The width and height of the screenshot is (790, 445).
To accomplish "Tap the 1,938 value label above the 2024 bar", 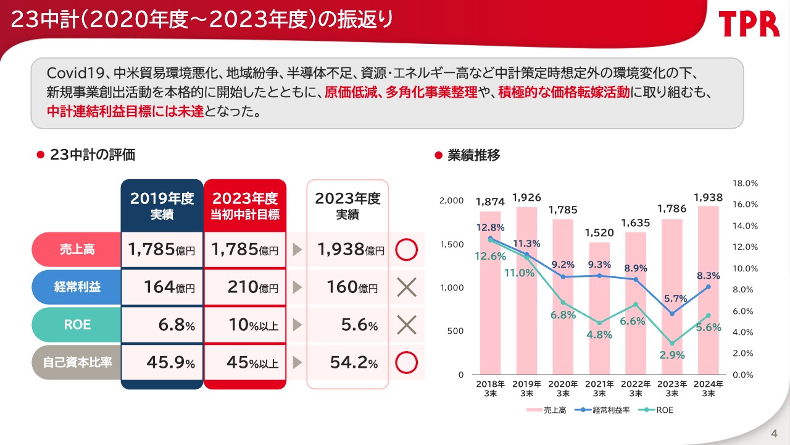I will point(709,197).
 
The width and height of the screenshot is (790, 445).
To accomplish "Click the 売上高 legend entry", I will point(547,410).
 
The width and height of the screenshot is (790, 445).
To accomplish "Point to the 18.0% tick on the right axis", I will point(744,184).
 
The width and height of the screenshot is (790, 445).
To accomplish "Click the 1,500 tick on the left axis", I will point(451,245).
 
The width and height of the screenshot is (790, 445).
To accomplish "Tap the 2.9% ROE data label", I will point(673,355).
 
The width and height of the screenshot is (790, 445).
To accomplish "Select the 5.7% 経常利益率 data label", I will point(676,299).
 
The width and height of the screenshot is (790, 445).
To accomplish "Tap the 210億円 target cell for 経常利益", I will point(245,287).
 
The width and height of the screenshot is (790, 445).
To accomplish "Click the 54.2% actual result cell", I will point(347,362).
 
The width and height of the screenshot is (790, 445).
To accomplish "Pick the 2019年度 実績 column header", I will point(162,206).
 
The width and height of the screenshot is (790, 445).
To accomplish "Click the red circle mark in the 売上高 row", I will point(406,250).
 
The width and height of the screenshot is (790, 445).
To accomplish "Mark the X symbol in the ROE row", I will point(406,324).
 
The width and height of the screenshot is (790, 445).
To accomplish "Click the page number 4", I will point(774,431).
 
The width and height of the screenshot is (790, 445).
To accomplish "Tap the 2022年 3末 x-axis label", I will point(636,388).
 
